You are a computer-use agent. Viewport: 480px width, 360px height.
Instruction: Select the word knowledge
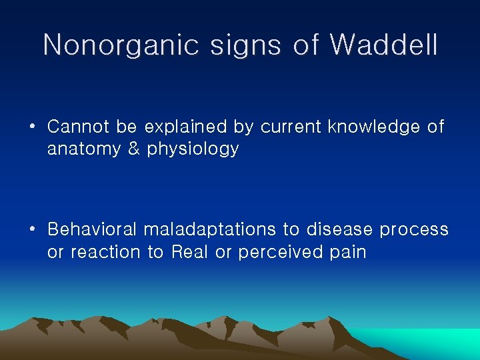point(375,127)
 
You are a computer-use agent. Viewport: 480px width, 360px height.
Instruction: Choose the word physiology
point(193,149)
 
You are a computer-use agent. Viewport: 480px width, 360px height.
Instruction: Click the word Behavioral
point(91,229)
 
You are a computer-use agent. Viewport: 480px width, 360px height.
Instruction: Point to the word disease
point(340,229)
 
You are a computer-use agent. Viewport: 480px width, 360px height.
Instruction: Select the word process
point(414,231)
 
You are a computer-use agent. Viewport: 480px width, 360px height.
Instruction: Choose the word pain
point(347,253)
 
